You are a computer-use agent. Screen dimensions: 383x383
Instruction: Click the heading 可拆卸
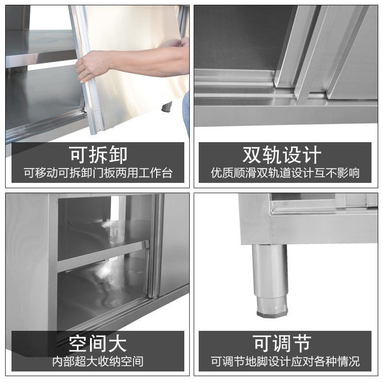pos(98,155)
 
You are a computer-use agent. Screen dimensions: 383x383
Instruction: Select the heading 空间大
pos(98,343)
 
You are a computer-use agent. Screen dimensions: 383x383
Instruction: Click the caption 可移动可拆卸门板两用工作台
pos(98,173)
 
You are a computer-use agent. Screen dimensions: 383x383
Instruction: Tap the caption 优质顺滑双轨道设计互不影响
pos(285,173)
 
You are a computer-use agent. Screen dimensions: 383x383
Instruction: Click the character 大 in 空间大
pos(118,343)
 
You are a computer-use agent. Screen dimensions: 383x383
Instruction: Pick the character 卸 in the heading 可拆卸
pos(118,155)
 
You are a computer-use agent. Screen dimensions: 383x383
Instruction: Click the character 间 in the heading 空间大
pos(98,343)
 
